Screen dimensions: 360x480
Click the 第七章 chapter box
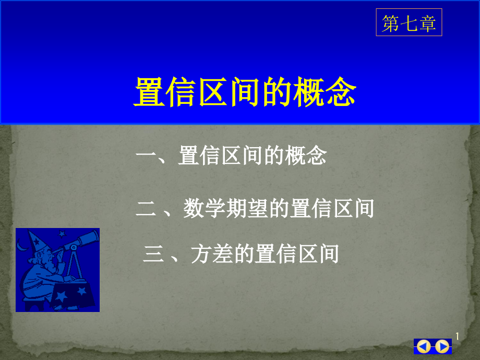(409, 22)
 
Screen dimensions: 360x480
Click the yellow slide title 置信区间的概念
(245, 92)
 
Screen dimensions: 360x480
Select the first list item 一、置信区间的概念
(231, 155)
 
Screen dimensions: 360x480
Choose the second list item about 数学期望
(255, 209)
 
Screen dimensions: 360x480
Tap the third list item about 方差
(241, 254)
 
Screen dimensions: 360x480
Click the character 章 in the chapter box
(427, 23)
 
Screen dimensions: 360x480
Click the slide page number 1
(457, 337)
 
